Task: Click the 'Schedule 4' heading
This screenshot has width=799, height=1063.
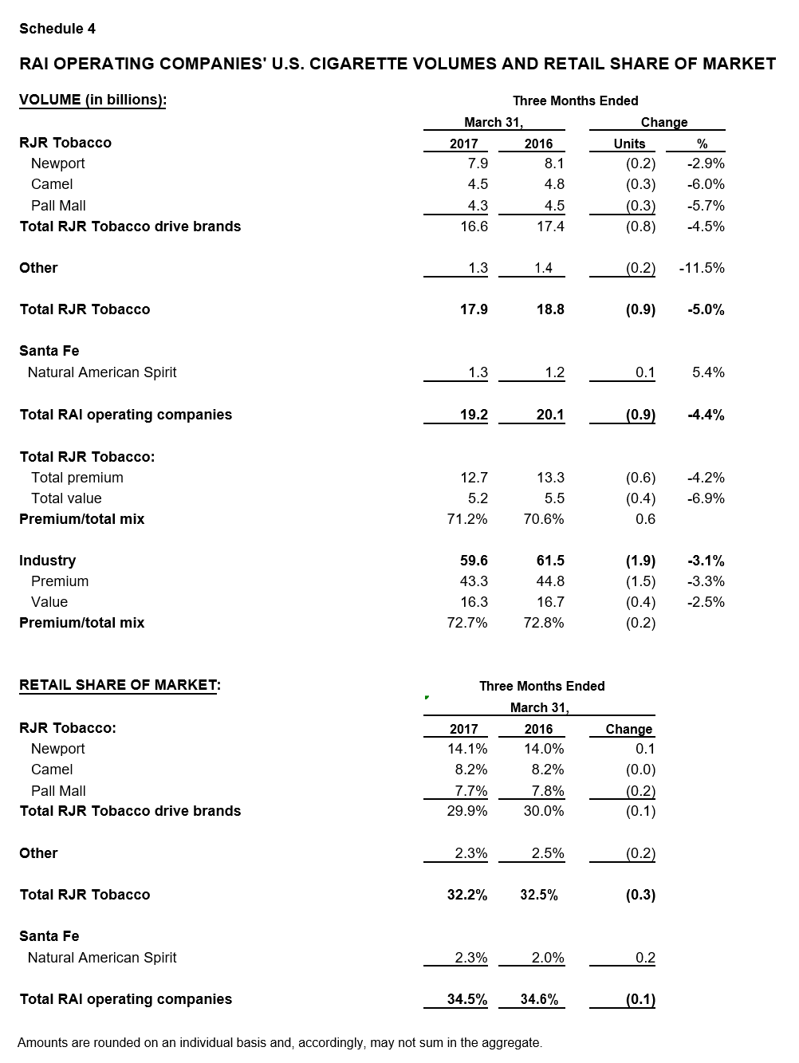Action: [x=57, y=29]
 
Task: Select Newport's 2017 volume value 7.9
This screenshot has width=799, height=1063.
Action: [x=478, y=163]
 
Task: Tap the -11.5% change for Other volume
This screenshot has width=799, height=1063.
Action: [x=702, y=268]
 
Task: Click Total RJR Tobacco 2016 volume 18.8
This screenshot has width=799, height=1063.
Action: [x=550, y=309]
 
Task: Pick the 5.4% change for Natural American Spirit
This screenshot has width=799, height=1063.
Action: [x=708, y=372]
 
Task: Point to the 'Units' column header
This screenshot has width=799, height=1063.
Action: [x=629, y=144]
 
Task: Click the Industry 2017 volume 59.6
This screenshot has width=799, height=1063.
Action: [x=474, y=561]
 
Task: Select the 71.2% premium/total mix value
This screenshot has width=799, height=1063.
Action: [x=467, y=519]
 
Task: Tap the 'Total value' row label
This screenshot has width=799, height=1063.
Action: [x=66, y=498]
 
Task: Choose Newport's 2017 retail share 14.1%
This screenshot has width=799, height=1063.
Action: [x=467, y=749]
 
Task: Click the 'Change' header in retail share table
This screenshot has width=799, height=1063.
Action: [x=629, y=729]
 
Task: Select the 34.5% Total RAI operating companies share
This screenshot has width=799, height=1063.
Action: [x=467, y=999]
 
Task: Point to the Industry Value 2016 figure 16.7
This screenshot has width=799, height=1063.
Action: [x=550, y=602]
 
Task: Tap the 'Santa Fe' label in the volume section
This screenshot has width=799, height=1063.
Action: [x=49, y=351]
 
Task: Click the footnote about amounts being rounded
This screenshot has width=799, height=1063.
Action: [x=280, y=1042]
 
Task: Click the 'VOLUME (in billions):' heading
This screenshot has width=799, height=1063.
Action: [x=92, y=100]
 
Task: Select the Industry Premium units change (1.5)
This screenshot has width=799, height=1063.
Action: [x=640, y=581]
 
